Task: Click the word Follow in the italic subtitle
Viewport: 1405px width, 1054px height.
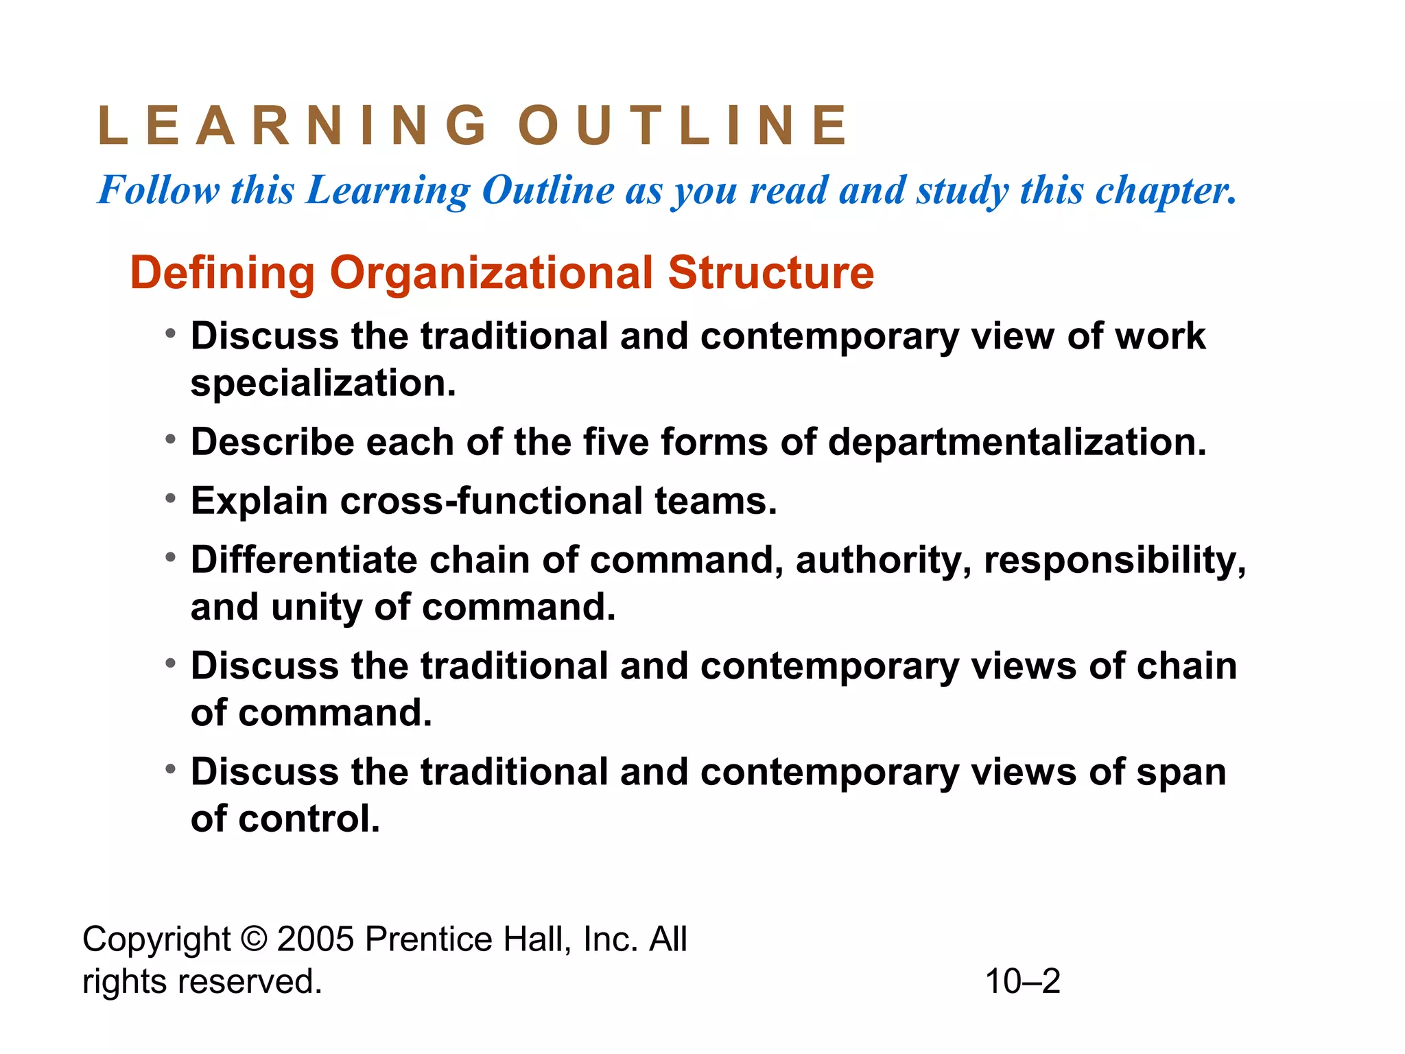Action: point(158,190)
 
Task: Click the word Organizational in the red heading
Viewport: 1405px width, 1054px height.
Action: point(491,273)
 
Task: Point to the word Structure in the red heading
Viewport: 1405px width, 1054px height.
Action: point(771,273)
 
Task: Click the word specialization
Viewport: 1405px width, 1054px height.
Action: point(322,383)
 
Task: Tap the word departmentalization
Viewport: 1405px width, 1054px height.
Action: point(1017,442)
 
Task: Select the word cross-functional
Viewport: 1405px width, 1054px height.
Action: point(491,501)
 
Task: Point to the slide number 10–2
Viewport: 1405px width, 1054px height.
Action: point(1022,981)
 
